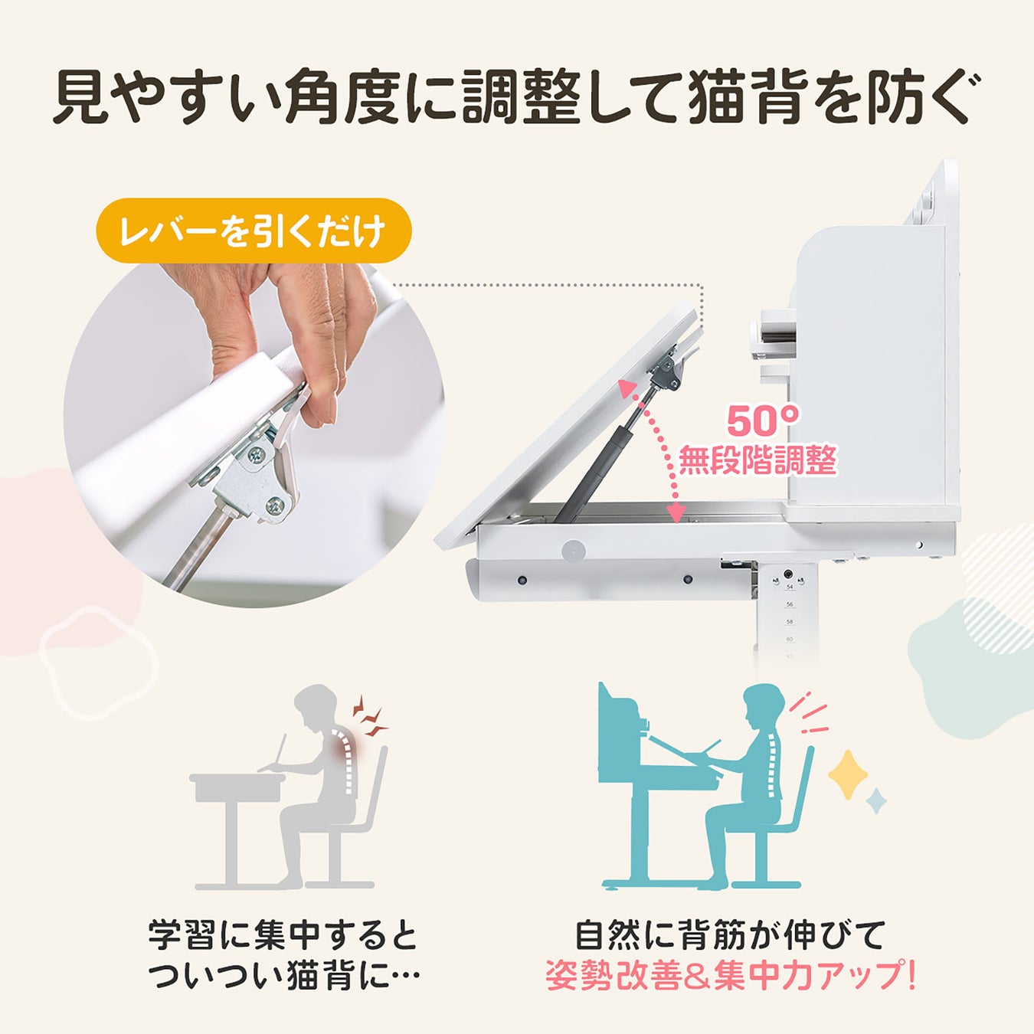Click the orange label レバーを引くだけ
(254, 231)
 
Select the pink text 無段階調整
(758, 461)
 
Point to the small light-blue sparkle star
(876, 816)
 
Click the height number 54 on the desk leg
(790, 587)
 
